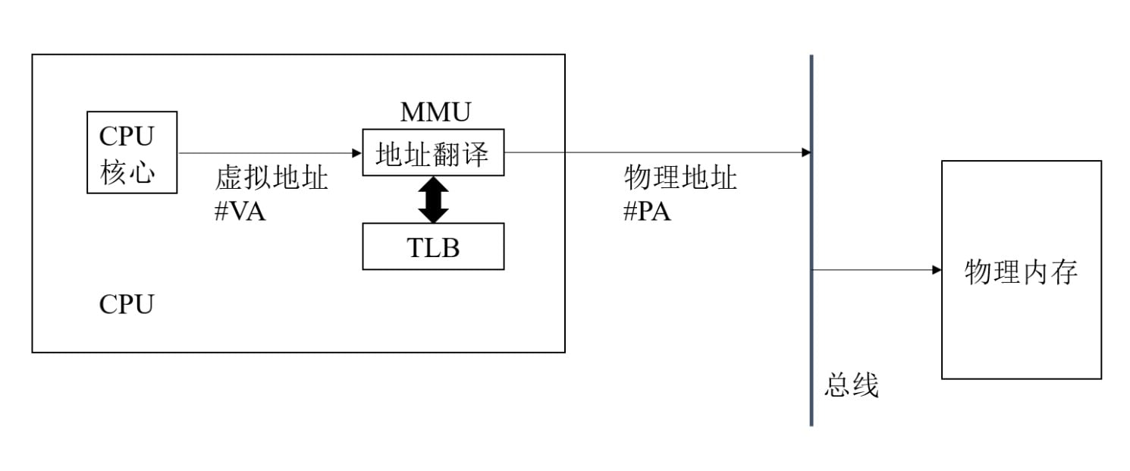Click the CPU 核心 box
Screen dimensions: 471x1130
[x=132, y=152]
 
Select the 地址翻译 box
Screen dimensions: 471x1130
[x=433, y=152]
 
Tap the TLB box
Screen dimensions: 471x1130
[x=433, y=246]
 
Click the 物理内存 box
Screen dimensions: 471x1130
[x=1021, y=270]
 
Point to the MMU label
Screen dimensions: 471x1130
[x=435, y=112]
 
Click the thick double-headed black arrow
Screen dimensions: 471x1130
[x=433, y=199]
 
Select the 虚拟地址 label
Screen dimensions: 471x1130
[x=272, y=179]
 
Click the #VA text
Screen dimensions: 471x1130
[x=240, y=212]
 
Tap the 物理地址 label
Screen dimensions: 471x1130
[x=680, y=179]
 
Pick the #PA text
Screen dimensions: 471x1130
[x=647, y=212]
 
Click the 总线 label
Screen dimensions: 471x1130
[x=851, y=386]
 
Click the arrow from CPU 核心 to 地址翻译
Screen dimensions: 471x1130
[x=269, y=152]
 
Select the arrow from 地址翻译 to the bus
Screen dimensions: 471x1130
[x=656, y=152]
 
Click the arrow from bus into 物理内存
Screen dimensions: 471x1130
[x=876, y=270]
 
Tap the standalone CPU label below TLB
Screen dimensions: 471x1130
[x=126, y=305]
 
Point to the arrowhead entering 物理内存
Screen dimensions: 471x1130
[x=937, y=270]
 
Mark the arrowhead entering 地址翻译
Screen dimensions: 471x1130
[x=357, y=152]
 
